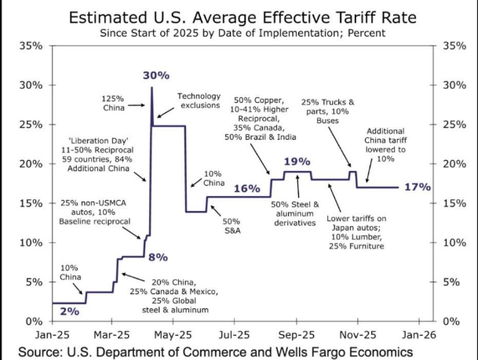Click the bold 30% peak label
[156, 75]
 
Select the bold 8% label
[159, 256]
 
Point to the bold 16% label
[246, 189]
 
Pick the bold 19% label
[297, 162]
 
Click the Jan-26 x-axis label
[419, 333]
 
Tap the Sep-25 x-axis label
[297, 333]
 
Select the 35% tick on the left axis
[31, 45]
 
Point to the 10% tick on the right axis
[456, 242]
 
